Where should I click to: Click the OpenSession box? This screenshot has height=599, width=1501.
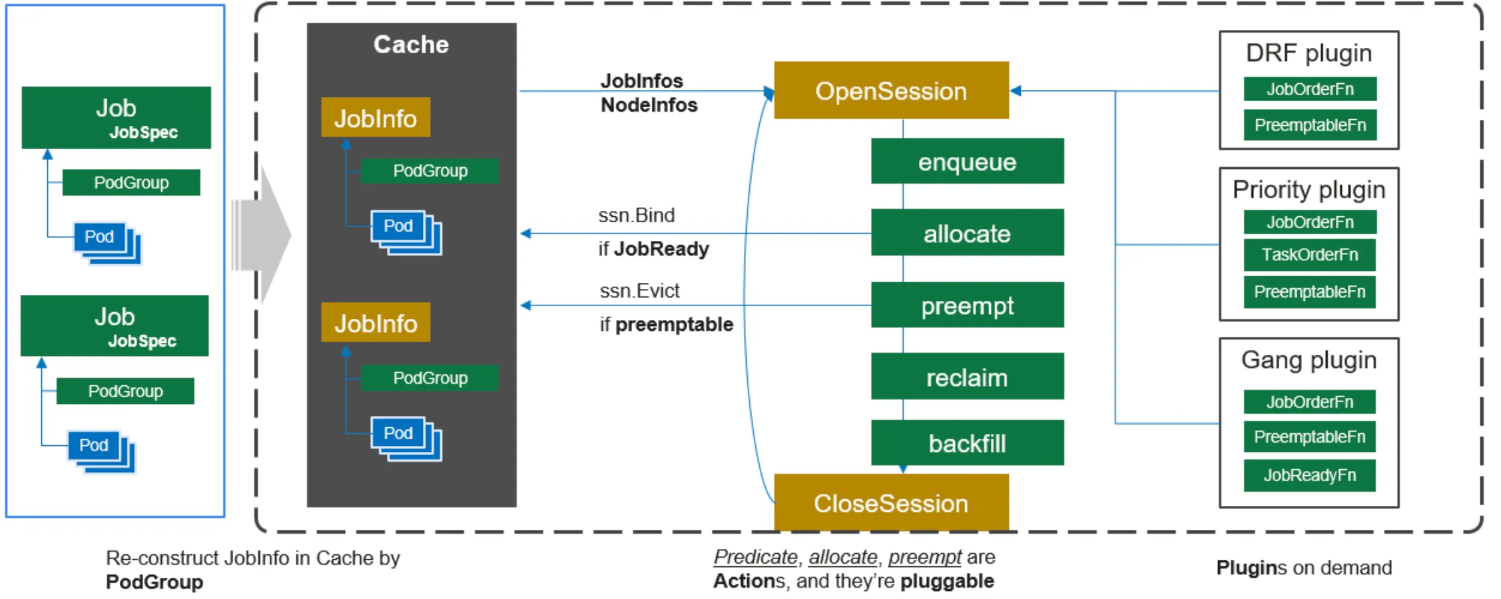(890, 91)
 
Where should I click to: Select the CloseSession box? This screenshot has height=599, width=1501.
(890, 503)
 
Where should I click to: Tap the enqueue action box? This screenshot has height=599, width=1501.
(967, 162)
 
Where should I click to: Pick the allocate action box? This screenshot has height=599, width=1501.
(967, 233)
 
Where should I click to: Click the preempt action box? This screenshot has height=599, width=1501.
(967, 305)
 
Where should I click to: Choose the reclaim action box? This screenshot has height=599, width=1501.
(967, 377)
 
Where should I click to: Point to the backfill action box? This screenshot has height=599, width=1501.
(967, 443)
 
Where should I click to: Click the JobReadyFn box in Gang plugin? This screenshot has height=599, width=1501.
(1309, 475)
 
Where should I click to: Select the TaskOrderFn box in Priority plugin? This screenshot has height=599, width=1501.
(1309, 255)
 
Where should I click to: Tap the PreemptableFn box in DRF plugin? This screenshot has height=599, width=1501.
(1309, 125)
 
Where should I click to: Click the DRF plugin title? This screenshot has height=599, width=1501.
(1309, 53)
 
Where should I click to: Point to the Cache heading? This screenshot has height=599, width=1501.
(411, 45)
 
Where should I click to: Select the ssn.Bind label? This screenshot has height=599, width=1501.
(636, 215)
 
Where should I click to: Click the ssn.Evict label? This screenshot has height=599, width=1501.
(639, 291)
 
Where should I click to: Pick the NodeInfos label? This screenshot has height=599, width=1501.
(649, 105)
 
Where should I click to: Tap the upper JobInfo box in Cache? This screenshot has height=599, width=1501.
(376, 118)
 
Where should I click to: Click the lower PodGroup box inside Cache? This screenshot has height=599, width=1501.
(430, 378)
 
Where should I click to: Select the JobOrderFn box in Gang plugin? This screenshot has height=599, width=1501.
(1309, 402)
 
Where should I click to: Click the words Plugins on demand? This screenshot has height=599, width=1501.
(1303, 568)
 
